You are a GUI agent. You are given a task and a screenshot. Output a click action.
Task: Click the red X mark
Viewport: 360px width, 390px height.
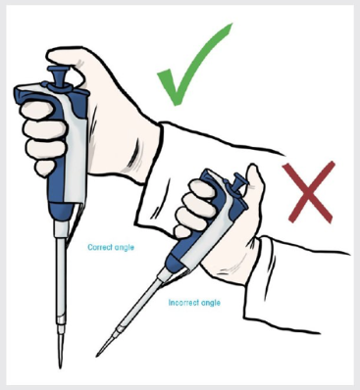pos(309,192)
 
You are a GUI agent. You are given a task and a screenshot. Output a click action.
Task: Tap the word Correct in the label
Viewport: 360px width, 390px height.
pos(98,247)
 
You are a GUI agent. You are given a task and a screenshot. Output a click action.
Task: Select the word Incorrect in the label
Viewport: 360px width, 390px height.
pos(182,303)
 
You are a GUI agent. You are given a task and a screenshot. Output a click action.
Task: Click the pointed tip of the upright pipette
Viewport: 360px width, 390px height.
pos(60,366)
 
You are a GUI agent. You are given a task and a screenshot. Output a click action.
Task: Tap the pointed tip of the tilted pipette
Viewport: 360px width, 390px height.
pos(98,355)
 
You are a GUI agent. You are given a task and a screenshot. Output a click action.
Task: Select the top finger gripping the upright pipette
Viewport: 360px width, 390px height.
pos(36,110)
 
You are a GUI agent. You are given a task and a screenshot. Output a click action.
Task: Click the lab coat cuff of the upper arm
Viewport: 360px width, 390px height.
pos(154,154)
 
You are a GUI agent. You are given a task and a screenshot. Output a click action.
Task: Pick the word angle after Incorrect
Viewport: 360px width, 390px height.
pos(210,304)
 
